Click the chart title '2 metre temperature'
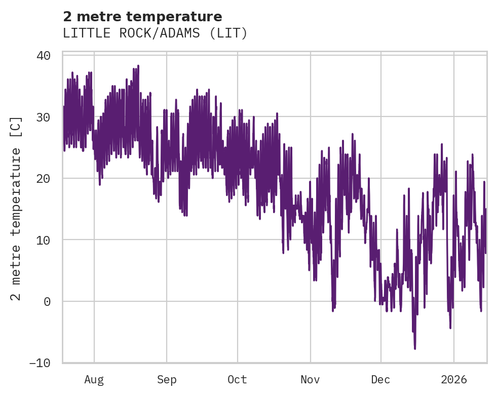tap(142, 17)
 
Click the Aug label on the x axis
tap(94, 380)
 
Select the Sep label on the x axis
tap(166, 380)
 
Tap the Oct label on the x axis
tap(237, 380)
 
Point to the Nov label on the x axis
tap(310, 380)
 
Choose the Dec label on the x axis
tap(380, 380)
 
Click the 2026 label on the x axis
tap(454, 380)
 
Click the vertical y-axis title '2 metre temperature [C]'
tap(17, 208)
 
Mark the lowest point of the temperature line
tap(415, 348)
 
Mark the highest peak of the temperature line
tap(138, 66)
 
